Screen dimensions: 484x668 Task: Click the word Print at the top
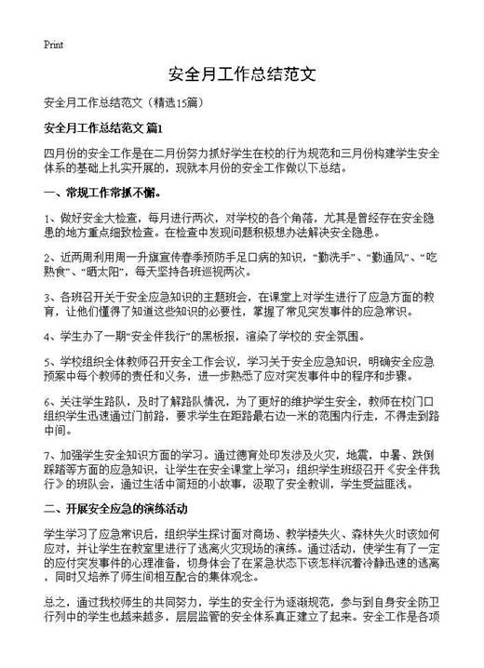(x=54, y=44)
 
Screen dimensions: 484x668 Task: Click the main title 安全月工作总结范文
(x=242, y=73)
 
